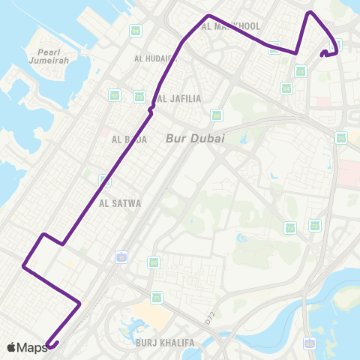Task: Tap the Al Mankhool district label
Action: tap(231, 26)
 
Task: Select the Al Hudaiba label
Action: tap(153, 58)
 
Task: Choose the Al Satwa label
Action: tap(120, 202)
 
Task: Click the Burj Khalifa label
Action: tap(165, 343)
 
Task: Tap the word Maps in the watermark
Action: tap(32, 347)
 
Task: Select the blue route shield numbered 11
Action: tap(121, 257)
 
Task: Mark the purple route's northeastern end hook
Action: tap(324, 53)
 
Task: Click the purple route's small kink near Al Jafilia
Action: tap(151, 110)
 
